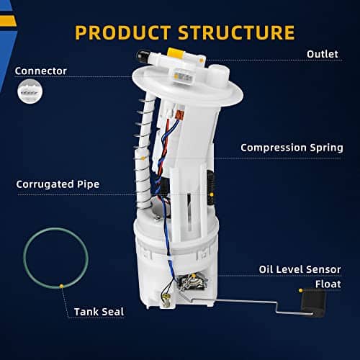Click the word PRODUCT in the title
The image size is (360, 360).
coord(123,32)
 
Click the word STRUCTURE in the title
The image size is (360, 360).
coord(236,32)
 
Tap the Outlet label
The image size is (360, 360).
coord(323,54)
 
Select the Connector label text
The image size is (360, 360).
coord(41,71)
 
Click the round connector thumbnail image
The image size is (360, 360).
coord(30,91)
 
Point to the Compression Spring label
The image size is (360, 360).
coord(292,148)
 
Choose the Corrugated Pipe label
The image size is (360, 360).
coord(58,184)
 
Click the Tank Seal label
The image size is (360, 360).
coord(99,312)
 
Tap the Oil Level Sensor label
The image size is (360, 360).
coord(300,269)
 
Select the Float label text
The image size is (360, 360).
coord(328,284)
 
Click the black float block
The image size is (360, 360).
coord(313,302)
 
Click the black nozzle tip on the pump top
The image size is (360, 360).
coord(143,56)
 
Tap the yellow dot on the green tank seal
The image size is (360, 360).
coord(62,286)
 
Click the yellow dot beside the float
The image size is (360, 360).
coord(301,290)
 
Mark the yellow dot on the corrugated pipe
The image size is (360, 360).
coord(143,158)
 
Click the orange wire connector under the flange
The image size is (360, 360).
coord(180,114)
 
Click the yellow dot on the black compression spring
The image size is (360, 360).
coord(212,194)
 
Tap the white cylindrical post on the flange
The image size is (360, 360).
coord(217,75)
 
